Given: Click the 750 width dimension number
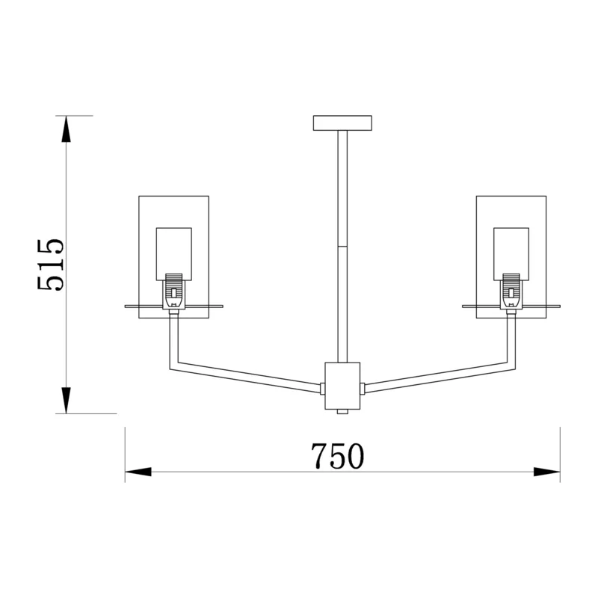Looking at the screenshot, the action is (x=338, y=456).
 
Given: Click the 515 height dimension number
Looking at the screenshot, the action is (x=51, y=265).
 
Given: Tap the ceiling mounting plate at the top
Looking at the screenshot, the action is (x=342, y=123).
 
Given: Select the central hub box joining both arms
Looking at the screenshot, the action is (x=342, y=386).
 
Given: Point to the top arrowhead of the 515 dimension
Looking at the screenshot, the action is (x=66, y=129).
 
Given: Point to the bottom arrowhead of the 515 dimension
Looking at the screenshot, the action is (x=66, y=400).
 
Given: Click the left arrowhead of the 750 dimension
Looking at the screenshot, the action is (x=138, y=472).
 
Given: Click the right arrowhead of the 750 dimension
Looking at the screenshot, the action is (x=546, y=472).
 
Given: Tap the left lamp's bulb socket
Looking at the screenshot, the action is (x=174, y=292).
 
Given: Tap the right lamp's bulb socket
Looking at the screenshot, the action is (x=511, y=292).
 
